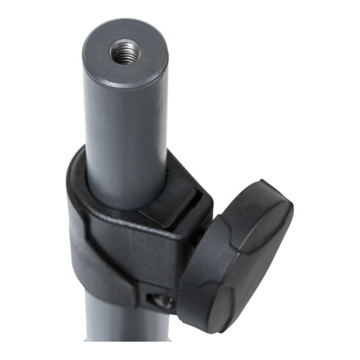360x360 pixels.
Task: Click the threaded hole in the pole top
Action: [125, 51]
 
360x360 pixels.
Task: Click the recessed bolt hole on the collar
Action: [164, 300]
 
